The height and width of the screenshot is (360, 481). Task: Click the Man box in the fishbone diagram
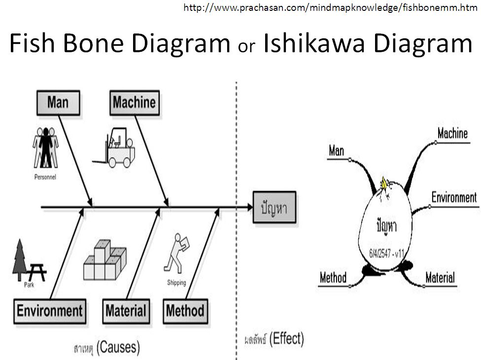[x=58, y=102]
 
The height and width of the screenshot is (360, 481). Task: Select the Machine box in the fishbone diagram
[x=134, y=102]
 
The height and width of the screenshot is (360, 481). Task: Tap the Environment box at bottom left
[x=50, y=311]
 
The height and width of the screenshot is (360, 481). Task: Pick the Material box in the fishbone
[x=126, y=311]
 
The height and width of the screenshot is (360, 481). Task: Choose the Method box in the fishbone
[x=185, y=311]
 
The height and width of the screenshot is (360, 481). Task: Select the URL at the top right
[x=331, y=7]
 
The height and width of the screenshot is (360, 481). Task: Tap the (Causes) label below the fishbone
[x=118, y=347]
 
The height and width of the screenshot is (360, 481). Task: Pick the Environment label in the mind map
[x=454, y=198]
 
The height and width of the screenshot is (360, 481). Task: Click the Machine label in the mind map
[x=452, y=133]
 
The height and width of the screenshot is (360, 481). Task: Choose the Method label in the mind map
[x=333, y=277]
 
